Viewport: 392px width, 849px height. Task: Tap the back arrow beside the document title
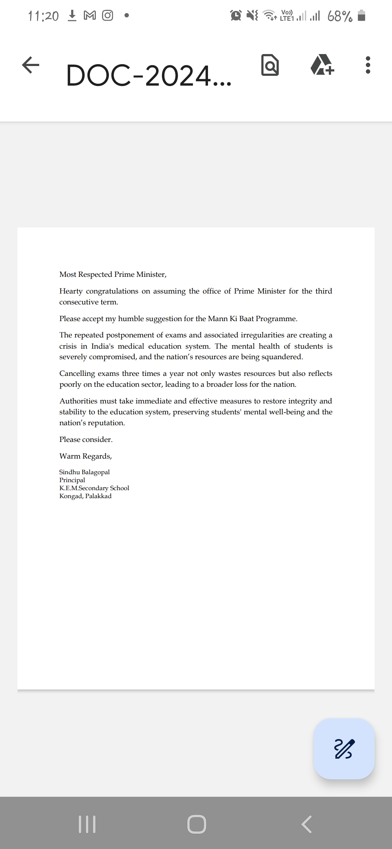(30, 65)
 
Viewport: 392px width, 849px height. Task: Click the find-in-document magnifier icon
(270, 65)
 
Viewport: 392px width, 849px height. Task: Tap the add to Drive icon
(322, 65)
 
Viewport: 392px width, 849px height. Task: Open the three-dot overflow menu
(368, 65)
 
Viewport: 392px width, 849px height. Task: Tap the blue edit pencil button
(344, 748)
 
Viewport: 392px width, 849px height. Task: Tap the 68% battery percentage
(339, 16)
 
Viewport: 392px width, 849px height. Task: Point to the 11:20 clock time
(43, 16)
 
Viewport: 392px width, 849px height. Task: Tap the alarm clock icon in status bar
(236, 16)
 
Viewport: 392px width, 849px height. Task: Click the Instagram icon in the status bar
(107, 16)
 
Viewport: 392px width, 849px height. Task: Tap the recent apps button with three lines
(87, 824)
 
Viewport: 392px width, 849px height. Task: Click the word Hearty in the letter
(71, 291)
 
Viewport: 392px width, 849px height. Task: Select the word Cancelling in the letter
(77, 374)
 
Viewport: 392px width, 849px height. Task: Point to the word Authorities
(78, 401)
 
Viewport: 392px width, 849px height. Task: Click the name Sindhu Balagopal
(84, 472)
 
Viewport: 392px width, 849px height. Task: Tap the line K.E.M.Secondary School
(94, 488)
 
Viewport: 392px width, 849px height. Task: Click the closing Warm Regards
(85, 456)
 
